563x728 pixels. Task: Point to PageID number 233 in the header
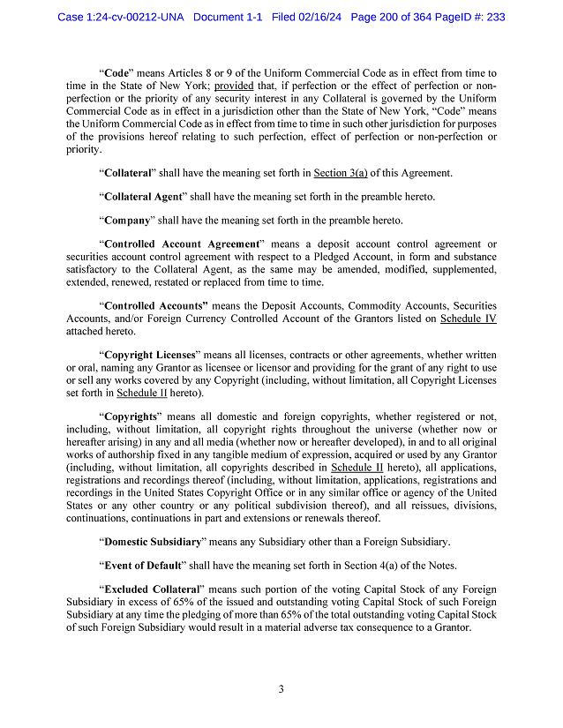pos(494,17)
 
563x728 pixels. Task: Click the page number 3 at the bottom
pos(281,689)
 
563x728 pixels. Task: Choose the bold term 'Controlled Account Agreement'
pos(182,244)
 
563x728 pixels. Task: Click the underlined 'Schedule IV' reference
pos(468,318)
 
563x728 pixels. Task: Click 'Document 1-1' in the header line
pos(226,17)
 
